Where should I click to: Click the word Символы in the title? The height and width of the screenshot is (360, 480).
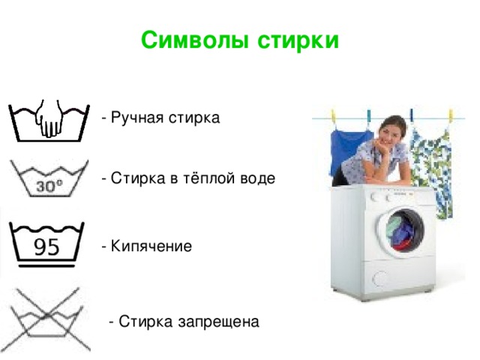[194, 40]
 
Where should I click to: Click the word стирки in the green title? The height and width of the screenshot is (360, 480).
[298, 40]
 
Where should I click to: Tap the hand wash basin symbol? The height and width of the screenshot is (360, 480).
[49, 120]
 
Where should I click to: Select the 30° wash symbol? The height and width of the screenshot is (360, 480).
[49, 178]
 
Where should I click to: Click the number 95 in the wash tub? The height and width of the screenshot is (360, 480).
[46, 247]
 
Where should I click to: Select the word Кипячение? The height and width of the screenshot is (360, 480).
[151, 246]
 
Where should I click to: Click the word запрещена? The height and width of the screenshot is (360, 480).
[218, 322]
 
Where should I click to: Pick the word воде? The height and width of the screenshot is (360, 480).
[258, 178]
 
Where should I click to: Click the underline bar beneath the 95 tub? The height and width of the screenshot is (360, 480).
[46, 265]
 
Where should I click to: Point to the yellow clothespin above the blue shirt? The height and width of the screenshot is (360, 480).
[333, 115]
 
